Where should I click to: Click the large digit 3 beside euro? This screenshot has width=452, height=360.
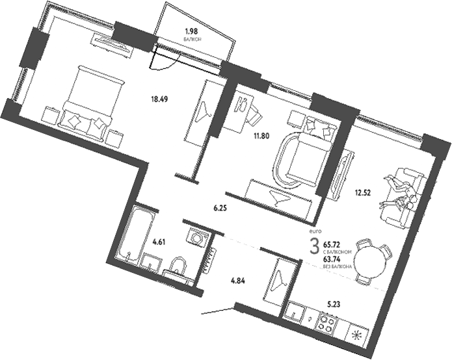click(x=314, y=247)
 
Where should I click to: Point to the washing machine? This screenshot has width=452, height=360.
click(x=196, y=238)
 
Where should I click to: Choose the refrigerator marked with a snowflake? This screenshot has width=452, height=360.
click(x=357, y=336)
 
